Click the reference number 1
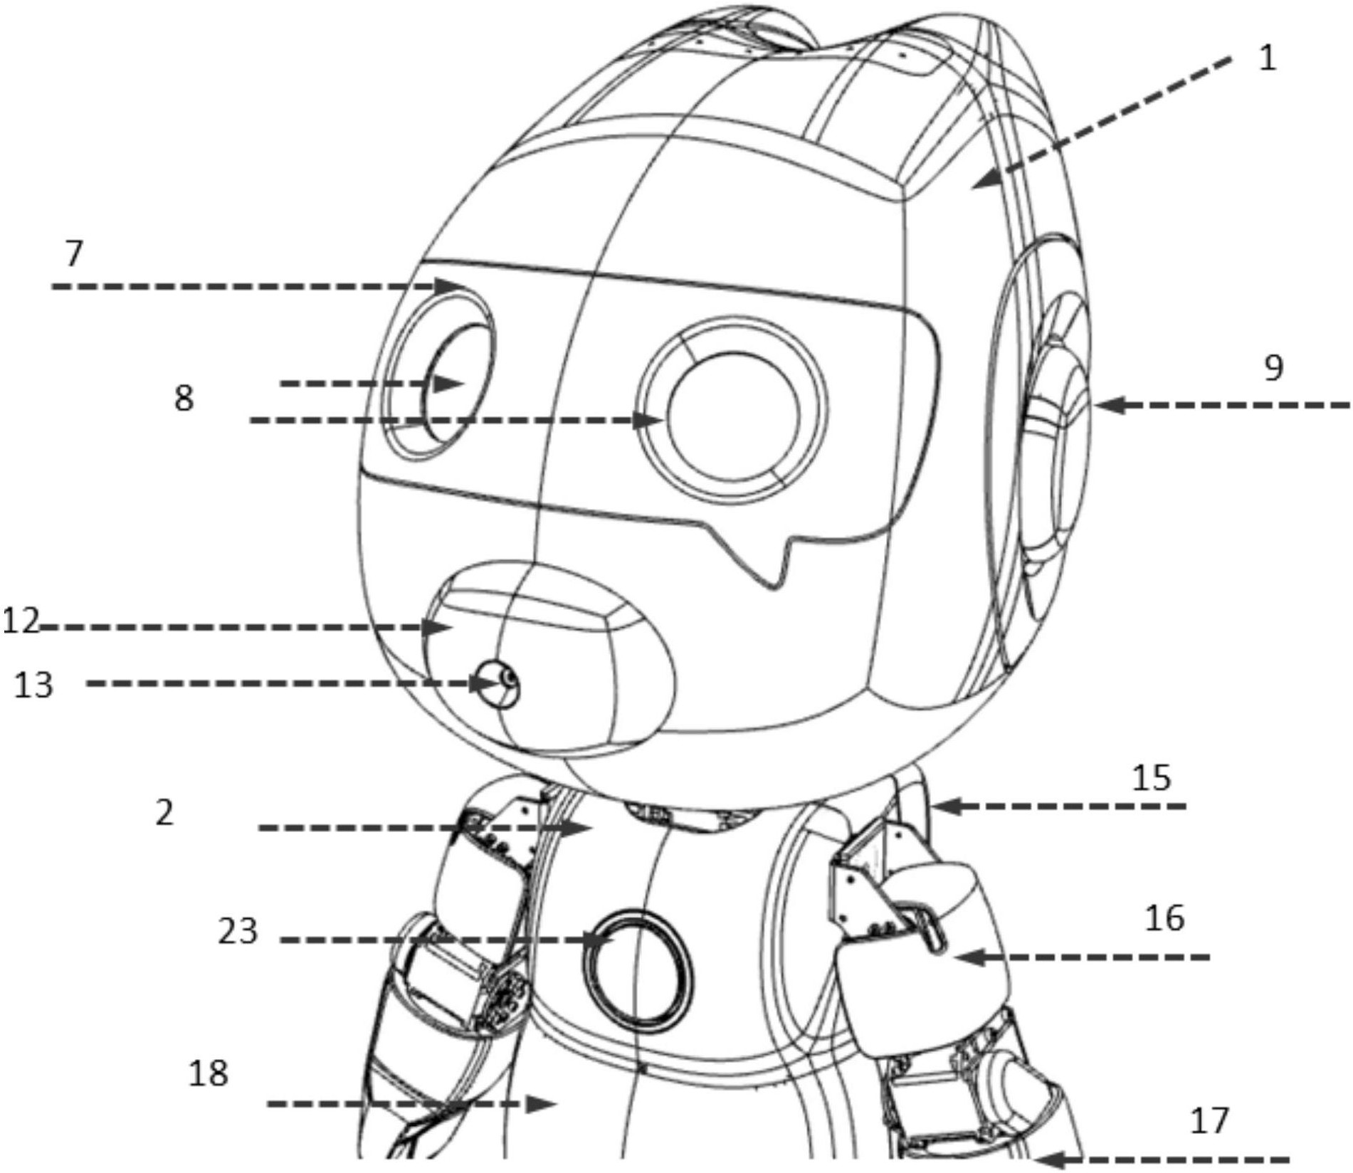point(1268,58)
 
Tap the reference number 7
point(74,254)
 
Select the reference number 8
point(184,399)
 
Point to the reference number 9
point(1273,368)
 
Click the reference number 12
point(21,621)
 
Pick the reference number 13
point(33,685)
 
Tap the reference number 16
point(1165,918)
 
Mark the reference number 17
point(1210,1121)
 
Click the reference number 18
point(208,1073)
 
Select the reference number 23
point(238,931)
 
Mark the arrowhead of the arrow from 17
point(1051,1159)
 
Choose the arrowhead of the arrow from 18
point(541,1104)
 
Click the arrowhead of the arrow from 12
point(438,628)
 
